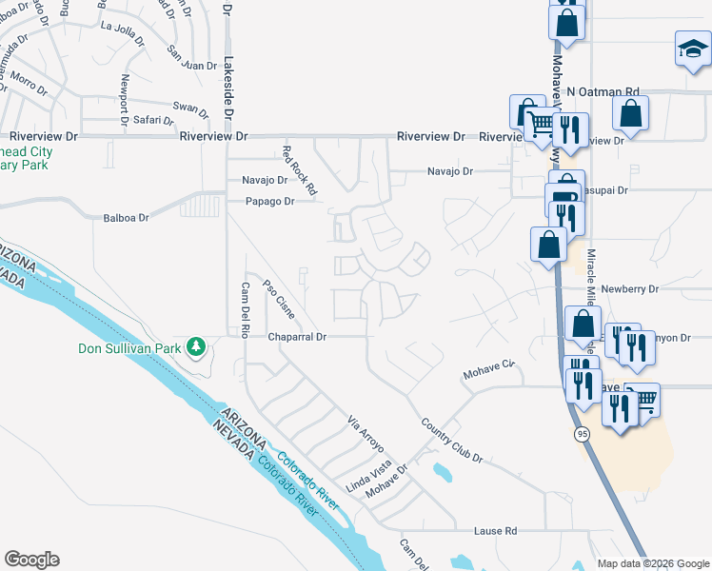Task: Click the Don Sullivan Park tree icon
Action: (x=197, y=346)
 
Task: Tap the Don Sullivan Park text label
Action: (x=129, y=348)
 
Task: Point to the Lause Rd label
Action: (x=497, y=530)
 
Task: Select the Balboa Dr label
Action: (x=127, y=218)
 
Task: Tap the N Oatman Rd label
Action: (x=603, y=91)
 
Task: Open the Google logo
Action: (x=32, y=560)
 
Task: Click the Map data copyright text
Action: (x=652, y=563)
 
